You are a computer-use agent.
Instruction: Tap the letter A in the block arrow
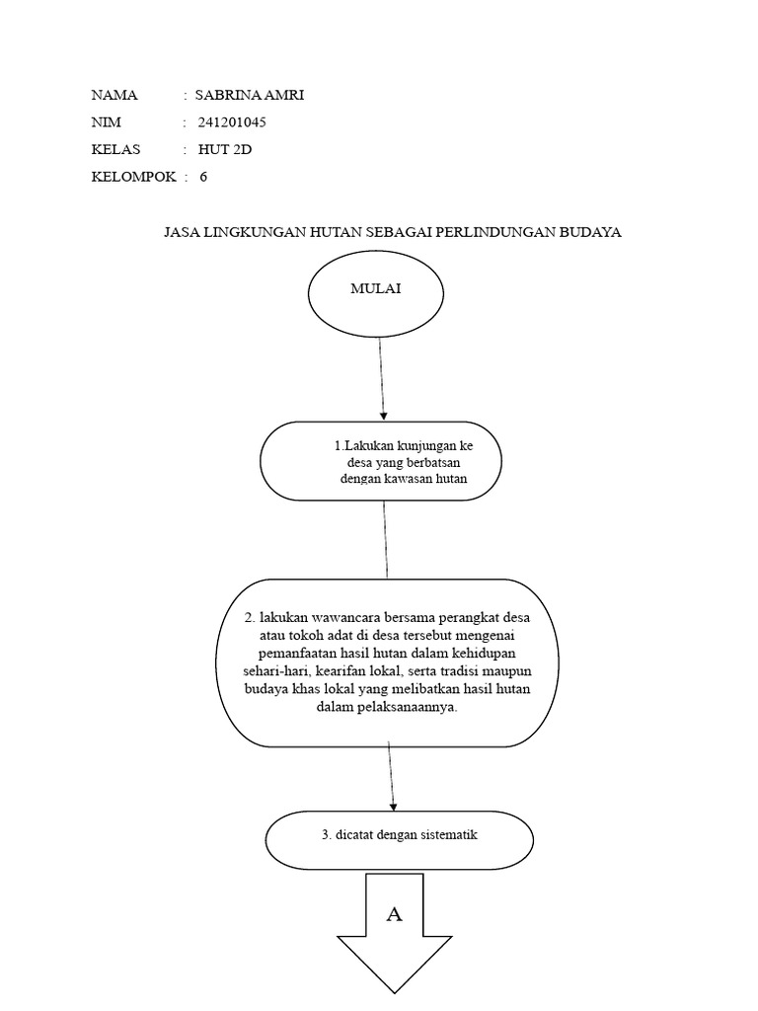pyautogui.click(x=395, y=915)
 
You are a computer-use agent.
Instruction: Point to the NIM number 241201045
pyautogui.click(x=232, y=123)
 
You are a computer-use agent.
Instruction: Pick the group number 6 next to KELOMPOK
pyautogui.click(x=203, y=178)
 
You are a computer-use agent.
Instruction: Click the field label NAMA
pyautogui.click(x=114, y=96)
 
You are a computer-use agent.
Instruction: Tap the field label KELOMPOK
pyautogui.click(x=133, y=178)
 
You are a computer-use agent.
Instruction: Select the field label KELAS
pyautogui.click(x=116, y=150)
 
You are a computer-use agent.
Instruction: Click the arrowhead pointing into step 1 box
pyautogui.click(x=383, y=415)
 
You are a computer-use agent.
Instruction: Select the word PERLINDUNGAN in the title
pyautogui.click(x=475, y=233)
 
